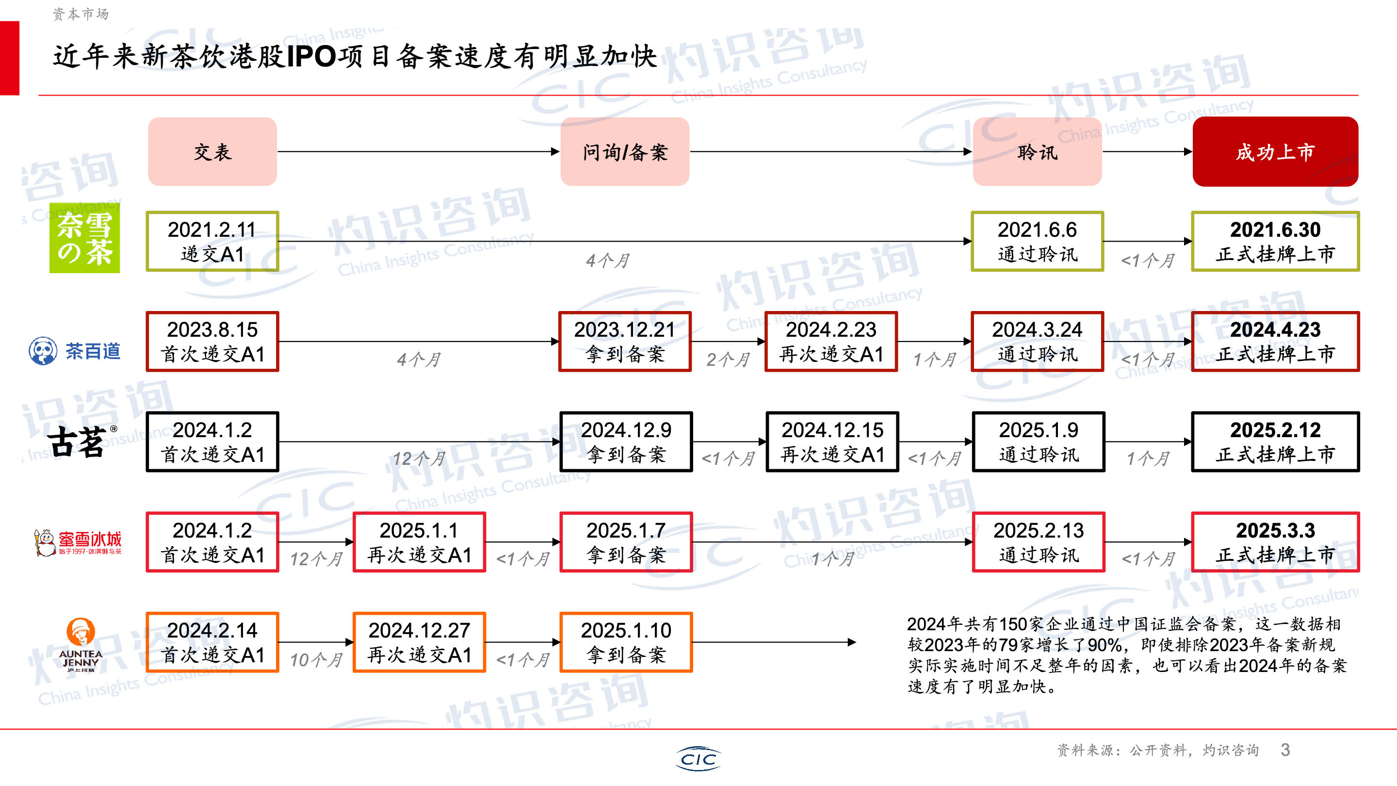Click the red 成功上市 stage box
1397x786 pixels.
[x=1275, y=151]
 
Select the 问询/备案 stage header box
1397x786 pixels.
[x=625, y=151]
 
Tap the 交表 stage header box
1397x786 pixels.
[x=212, y=151]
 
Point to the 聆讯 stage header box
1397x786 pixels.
[x=1037, y=151]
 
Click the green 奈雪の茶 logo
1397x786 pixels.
[x=84, y=238]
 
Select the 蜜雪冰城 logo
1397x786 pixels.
[x=78, y=542]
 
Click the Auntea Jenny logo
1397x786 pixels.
[x=80, y=644]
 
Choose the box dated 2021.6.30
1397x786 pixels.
[x=1275, y=242]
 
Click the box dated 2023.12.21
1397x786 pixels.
[x=625, y=341]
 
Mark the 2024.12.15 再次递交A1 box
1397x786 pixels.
[x=832, y=442]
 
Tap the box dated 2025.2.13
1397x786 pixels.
[x=1038, y=542]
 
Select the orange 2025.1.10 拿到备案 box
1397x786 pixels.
[x=626, y=642]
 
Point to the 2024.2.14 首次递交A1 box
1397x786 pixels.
[x=212, y=642]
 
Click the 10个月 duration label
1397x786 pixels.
[x=316, y=660]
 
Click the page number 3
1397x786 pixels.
[x=1285, y=750]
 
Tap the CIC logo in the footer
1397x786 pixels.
[x=698, y=758]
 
